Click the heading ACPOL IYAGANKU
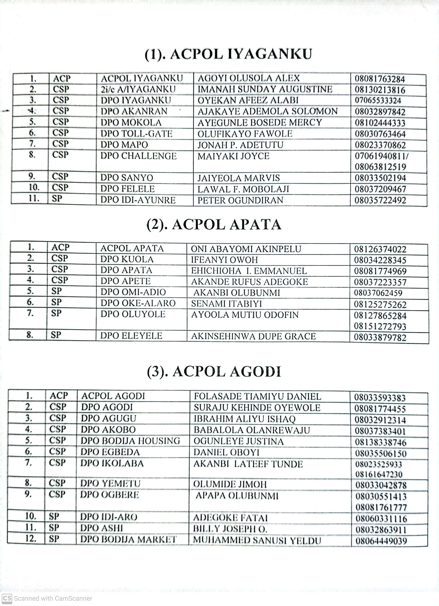pyautogui.click(x=228, y=55)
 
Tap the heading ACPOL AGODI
pyautogui.click(x=214, y=372)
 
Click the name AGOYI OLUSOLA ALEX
pyautogui.click(x=249, y=78)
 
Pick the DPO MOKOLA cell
pyautogui.click(x=131, y=123)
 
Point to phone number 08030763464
pyautogui.click(x=380, y=134)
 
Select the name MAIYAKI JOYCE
pyautogui.click(x=233, y=156)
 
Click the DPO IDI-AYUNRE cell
pyautogui.click(x=138, y=200)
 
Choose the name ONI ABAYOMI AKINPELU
pyautogui.click(x=246, y=249)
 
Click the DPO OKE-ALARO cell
pyautogui.click(x=138, y=303)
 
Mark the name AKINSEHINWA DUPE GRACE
pyautogui.click(x=254, y=336)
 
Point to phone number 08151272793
pyautogui.click(x=380, y=327)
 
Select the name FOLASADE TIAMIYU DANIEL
pyautogui.click(x=257, y=397)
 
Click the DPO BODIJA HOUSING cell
pyautogui.click(x=130, y=441)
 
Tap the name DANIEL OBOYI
pyautogui.click(x=227, y=452)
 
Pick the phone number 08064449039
pyautogui.click(x=381, y=541)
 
